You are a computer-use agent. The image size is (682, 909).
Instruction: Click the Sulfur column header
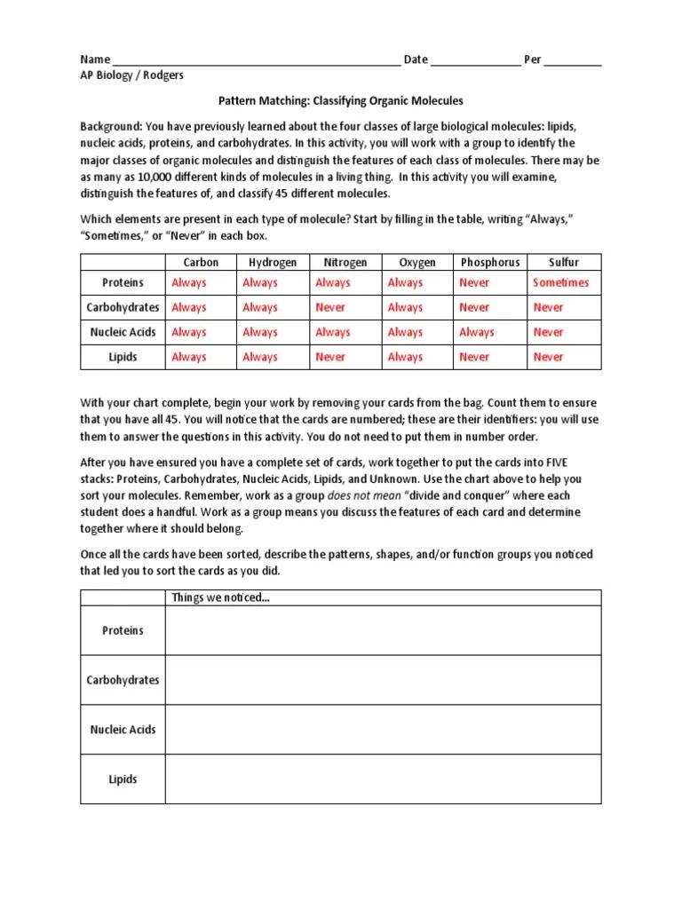tap(563, 262)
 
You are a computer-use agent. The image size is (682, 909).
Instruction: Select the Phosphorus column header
tap(489, 262)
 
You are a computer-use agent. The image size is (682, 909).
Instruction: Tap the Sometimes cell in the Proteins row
tap(560, 282)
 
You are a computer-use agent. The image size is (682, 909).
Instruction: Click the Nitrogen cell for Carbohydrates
tap(330, 307)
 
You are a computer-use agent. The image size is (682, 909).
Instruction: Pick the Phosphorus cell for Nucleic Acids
tap(476, 332)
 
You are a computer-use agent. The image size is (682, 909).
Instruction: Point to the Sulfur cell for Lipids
tap(548, 357)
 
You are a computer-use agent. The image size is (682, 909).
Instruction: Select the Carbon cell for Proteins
tap(188, 282)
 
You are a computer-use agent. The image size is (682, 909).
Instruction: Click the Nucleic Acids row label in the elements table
tap(123, 332)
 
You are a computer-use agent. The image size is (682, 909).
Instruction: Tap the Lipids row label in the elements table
tap(123, 357)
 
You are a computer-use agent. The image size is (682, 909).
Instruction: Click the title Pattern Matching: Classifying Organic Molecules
tap(341, 101)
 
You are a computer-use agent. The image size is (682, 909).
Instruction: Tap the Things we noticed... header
tap(221, 597)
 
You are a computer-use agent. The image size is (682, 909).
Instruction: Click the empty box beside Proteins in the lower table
tap(383, 630)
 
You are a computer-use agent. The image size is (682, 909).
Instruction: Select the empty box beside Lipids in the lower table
tap(383, 779)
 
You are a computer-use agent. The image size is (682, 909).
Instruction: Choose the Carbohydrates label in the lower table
tap(123, 680)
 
